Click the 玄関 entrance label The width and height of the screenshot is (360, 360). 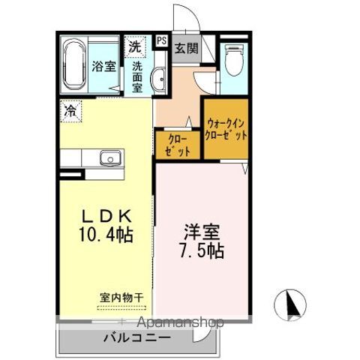(186, 49)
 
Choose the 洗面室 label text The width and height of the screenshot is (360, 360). (137, 76)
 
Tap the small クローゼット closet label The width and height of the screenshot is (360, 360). (178, 144)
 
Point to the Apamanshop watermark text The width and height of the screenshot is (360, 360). (177, 323)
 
